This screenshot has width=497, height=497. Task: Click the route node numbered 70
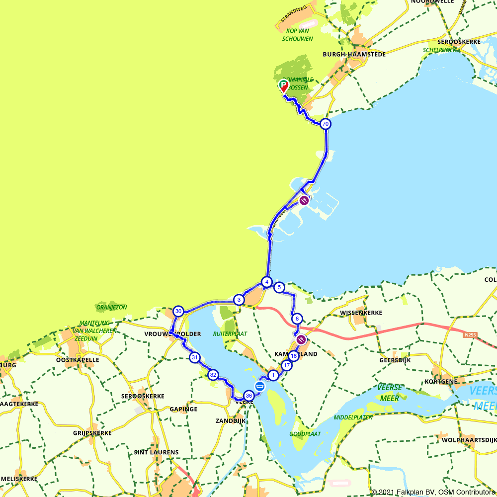click(325, 124)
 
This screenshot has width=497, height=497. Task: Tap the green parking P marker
click(283, 84)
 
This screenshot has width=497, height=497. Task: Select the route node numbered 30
click(178, 312)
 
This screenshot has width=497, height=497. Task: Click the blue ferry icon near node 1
click(260, 386)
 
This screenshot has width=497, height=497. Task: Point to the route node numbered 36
click(249, 396)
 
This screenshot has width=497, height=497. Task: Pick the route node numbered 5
click(279, 287)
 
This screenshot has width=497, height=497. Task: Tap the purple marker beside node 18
click(301, 340)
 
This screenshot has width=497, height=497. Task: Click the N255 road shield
click(470, 335)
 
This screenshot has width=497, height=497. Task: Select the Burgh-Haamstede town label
click(354, 54)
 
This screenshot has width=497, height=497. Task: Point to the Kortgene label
click(438, 381)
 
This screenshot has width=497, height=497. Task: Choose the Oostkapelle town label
click(78, 359)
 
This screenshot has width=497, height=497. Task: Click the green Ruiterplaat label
click(230, 334)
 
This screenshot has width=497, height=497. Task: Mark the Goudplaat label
click(305, 434)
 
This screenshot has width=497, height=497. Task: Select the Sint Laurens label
click(156, 452)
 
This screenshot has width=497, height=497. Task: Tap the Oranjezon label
click(112, 307)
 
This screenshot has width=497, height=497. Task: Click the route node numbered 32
click(213, 375)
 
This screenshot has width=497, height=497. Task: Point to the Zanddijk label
click(231, 420)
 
